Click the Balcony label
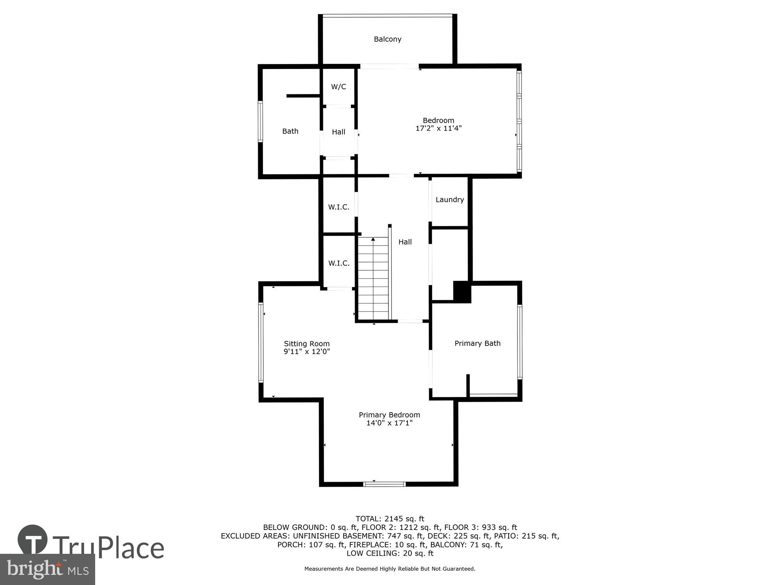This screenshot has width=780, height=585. (387, 39)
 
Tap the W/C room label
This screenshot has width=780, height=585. (339, 87)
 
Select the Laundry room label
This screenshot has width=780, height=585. (450, 200)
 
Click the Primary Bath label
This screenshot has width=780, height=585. (477, 343)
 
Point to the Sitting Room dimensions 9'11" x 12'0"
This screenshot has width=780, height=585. (307, 351)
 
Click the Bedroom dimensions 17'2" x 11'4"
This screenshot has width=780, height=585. (438, 128)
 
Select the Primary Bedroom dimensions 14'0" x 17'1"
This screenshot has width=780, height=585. (389, 423)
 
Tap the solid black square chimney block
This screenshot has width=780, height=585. (462, 292)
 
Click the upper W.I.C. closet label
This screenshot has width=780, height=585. (339, 207)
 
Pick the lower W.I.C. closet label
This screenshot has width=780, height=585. (339, 263)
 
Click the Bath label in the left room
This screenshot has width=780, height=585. (290, 131)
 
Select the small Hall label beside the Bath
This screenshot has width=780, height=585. (339, 132)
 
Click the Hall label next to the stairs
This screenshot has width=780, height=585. (405, 242)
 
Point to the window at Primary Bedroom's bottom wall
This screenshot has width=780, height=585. (384, 484)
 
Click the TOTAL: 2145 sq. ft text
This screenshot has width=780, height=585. (390, 519)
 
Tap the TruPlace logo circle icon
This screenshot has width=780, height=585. (33, 540)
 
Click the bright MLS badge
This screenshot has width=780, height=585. (47, 569)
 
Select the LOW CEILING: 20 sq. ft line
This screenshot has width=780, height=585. (390, 553)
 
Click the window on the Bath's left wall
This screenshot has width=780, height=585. (260, 121)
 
